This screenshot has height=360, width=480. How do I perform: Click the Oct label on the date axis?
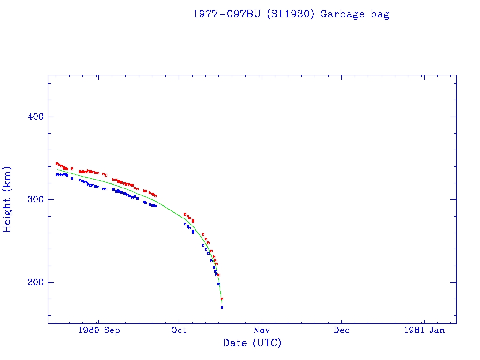tap(179, 330)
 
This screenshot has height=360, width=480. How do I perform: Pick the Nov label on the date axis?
tap(261, 330)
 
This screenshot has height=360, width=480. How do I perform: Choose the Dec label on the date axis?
tap(341, 330)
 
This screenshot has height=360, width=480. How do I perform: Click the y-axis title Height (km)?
tap(7, 199)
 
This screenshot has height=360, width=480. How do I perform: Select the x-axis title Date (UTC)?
tap(252, 344)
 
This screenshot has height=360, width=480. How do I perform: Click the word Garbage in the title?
tap(342, 14)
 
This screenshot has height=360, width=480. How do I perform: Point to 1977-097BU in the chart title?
tap(227, 14)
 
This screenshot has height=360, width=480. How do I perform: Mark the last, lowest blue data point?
tap(222, 307)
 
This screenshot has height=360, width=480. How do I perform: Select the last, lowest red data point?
tap(222, 299)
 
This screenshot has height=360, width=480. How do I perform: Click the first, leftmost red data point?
tap(57, 164)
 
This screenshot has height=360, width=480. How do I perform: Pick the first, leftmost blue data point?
tap(57, 174)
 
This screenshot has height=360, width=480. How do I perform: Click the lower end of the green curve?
tap(222, 303)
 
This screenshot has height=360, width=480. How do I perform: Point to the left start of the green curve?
tap(57, 169)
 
